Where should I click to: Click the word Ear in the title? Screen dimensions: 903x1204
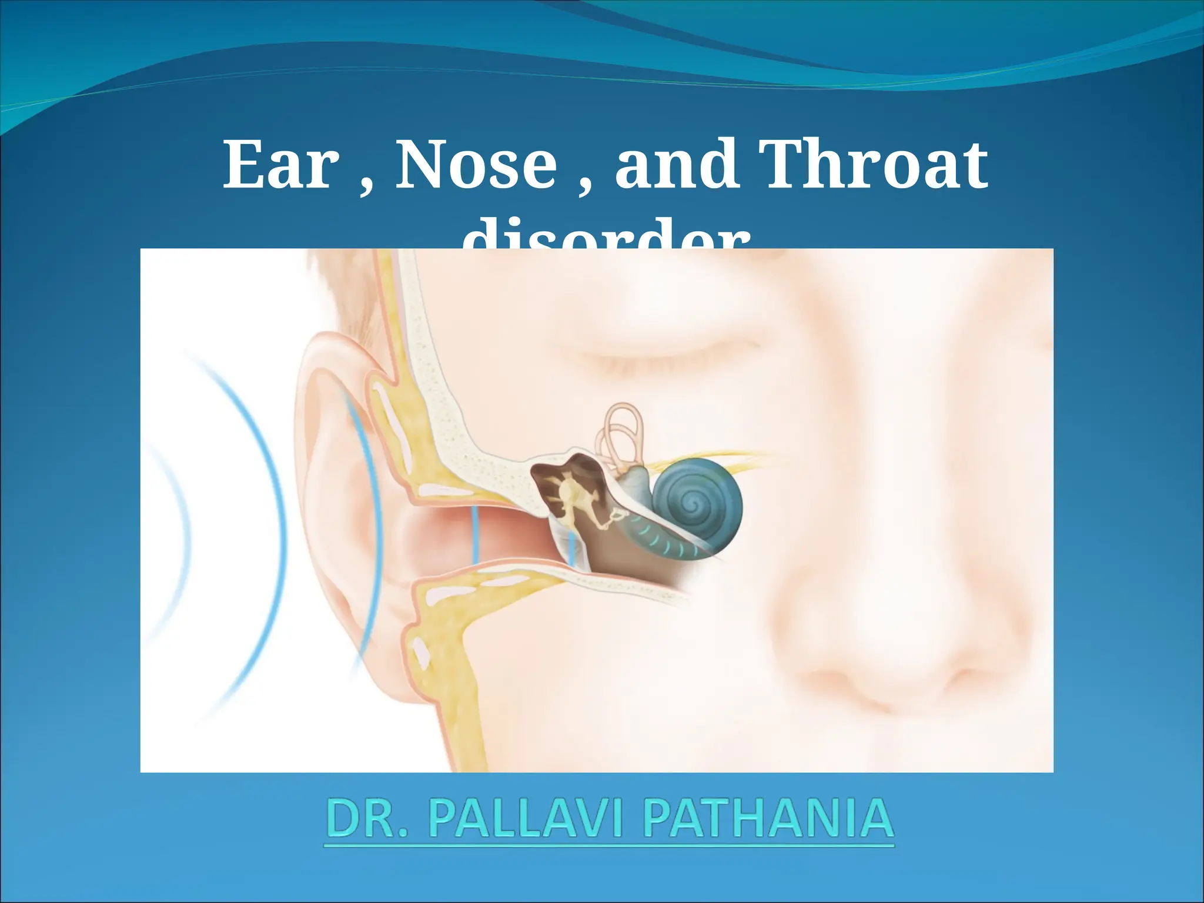coord(281,165)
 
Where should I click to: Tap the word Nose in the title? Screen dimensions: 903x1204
coord(476,165)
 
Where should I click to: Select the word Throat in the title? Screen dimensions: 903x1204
coord(872,165)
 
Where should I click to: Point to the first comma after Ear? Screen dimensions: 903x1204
coord(365,185)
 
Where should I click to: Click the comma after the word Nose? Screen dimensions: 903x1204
coord(586,185)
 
